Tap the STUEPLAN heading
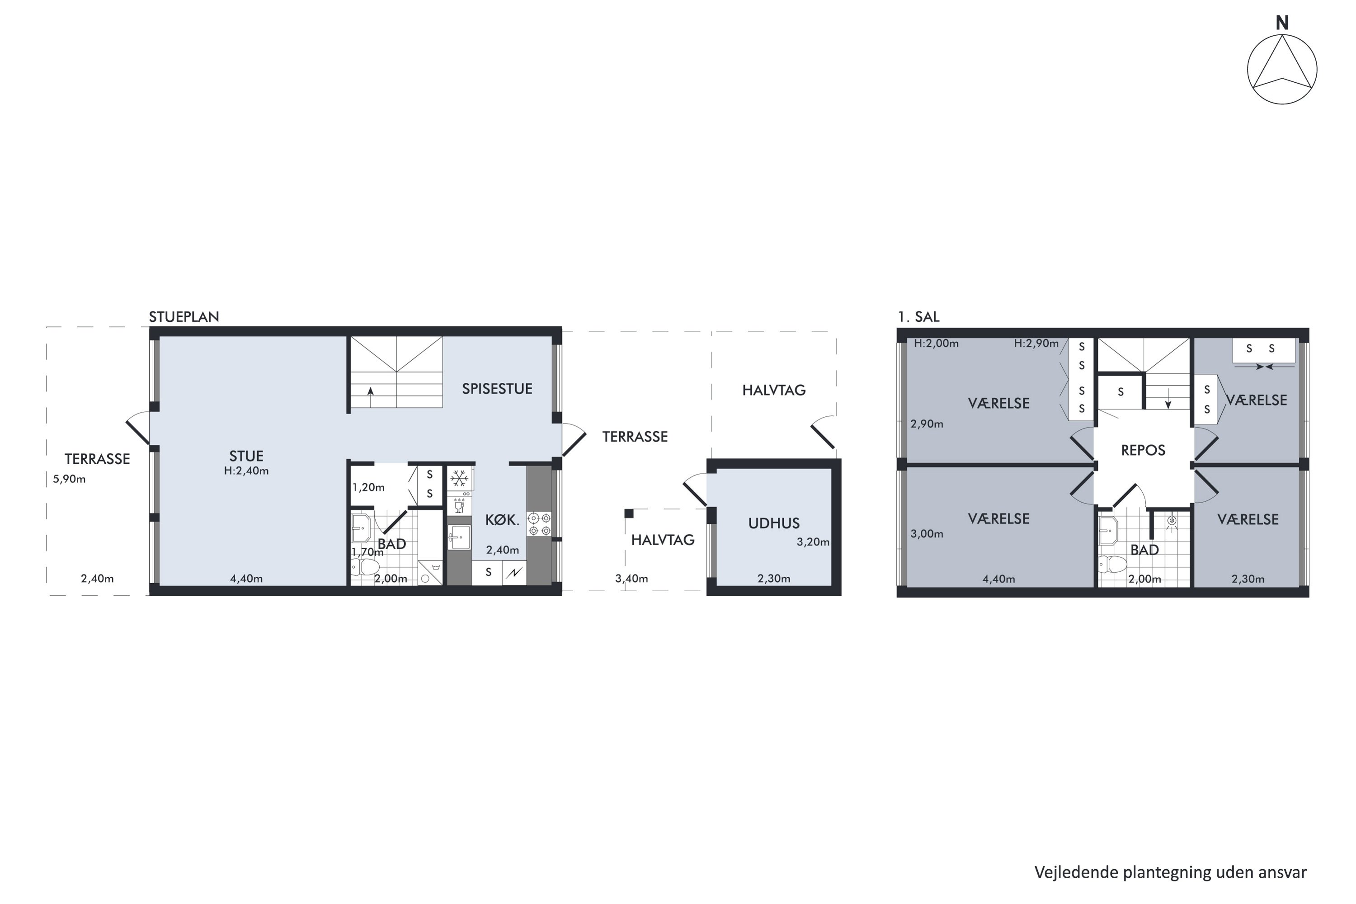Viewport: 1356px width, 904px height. point(184,316)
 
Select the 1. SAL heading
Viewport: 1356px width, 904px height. point(918,316)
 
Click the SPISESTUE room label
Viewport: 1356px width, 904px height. point(497,389)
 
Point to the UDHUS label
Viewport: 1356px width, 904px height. point(774,523)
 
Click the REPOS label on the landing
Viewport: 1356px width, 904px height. point(1143,450)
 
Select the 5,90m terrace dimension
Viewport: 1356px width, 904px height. point(69,479)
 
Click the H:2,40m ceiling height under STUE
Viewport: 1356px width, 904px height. point(246,471)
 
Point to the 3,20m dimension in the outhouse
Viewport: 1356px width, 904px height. point(813,542)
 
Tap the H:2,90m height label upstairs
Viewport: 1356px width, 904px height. point(1036,344)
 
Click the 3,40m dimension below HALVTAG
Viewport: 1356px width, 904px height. point(631,578)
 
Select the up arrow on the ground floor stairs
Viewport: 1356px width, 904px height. point(370,391)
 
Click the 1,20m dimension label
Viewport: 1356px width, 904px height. point(368,487)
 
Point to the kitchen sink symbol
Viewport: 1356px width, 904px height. point(460,537)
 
